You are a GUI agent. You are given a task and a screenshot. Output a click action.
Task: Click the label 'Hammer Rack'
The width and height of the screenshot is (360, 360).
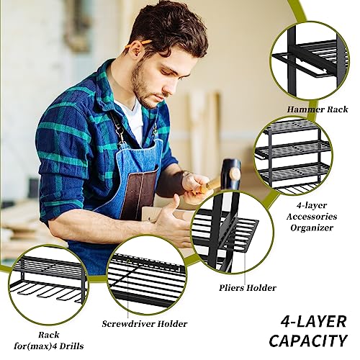click(315, 109)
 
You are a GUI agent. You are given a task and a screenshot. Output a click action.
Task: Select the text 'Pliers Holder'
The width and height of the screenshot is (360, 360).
click(248, 288)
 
